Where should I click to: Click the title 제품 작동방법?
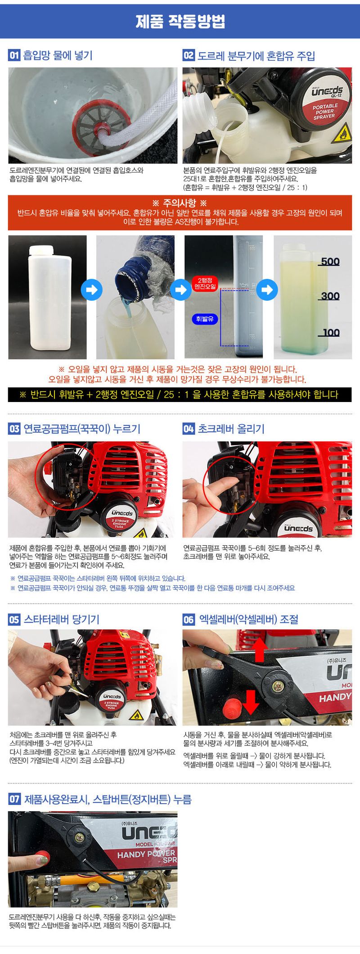180,21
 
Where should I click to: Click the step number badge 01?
14,55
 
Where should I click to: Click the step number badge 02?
189,55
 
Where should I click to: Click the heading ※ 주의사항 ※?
180,203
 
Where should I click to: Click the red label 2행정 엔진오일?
205,284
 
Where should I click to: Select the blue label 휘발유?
205,319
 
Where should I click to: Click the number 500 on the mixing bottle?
330,262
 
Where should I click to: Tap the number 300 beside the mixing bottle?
330,296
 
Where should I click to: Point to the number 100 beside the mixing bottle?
331,333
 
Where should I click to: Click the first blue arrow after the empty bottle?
91,289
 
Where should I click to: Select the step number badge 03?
14,429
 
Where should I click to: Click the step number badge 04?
189,429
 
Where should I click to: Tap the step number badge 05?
14,619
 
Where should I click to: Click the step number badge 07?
14,799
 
